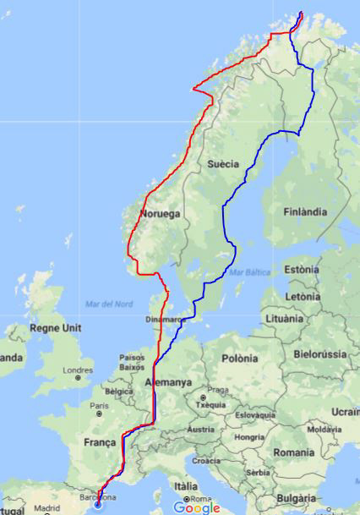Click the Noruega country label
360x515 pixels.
[161, 214]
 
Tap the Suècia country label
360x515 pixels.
[224, 163]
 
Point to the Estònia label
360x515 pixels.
[302, 269]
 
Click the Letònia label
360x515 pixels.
[302, 297]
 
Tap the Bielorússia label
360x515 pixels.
[320, 353]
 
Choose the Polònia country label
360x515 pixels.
[239, 359]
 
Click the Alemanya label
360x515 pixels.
[168, 382]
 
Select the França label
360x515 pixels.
[100, 442]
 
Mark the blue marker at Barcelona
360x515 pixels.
[97, 505]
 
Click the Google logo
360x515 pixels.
[196, 507]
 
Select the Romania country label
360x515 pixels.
[293, 453]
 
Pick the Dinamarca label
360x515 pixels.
[164, 320]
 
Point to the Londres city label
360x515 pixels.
[79, 370]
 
